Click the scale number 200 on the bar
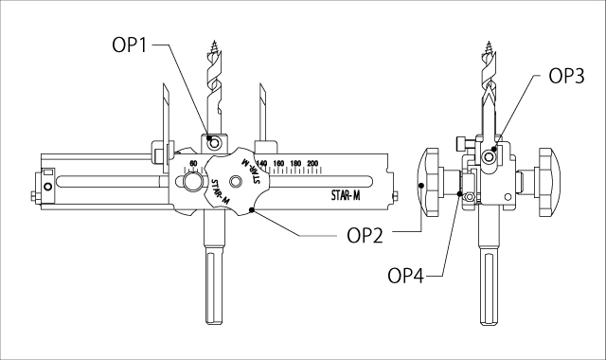(312, 163)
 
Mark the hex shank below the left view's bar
(213, 284)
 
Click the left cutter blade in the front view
(164, 114)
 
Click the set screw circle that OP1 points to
(216, 142)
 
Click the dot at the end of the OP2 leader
(251, 208)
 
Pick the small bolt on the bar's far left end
(36, 197)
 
